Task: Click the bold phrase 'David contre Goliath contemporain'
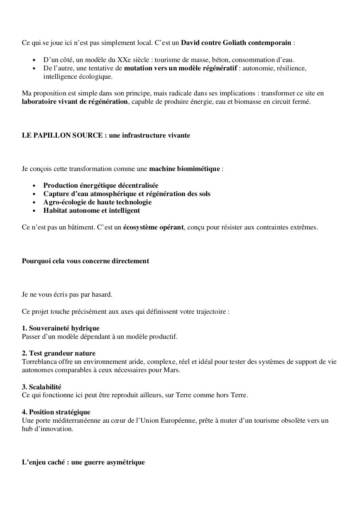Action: click(x=236, y=43)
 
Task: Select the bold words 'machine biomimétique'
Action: click(x=184, y=169)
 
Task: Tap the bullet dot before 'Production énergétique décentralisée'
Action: click(x=35, y=186)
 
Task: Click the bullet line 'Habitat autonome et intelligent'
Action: click(x=91, y=210)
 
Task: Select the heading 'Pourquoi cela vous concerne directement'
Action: click(x=86, y=261)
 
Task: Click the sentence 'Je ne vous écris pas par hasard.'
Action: click(x=67, y=295)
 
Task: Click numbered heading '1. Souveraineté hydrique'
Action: click(x=60, y=328)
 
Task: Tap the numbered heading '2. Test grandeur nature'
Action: click(x=58, y=353)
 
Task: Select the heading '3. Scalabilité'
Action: click(x=41, y=387)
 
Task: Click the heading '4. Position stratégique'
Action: click(x=56, y=412)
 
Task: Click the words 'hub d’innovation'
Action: click(x=47, y=429)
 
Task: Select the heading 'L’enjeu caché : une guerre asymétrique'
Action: click(x=83, y=462)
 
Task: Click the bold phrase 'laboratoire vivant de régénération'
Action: click(x=75, y=102)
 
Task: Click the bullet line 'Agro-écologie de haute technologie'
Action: click(x=97, y=202)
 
